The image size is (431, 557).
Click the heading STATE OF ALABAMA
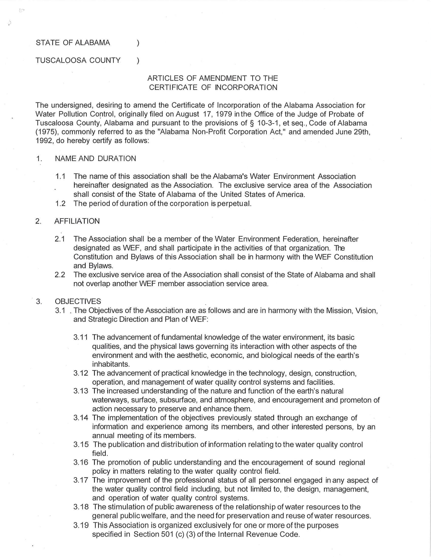(x=73, y=43)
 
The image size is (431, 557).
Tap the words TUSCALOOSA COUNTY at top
(x=78, y=60)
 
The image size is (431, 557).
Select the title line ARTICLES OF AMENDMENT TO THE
(x=213, y=78)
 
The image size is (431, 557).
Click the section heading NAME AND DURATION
(x=95, y=159)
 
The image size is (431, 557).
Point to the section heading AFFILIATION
(x=77, y=221)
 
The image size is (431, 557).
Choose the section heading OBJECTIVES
(x=78, y=301)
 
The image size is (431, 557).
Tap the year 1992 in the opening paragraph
(x=44, y=141)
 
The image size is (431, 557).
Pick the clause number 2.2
(x=60, y=275)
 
